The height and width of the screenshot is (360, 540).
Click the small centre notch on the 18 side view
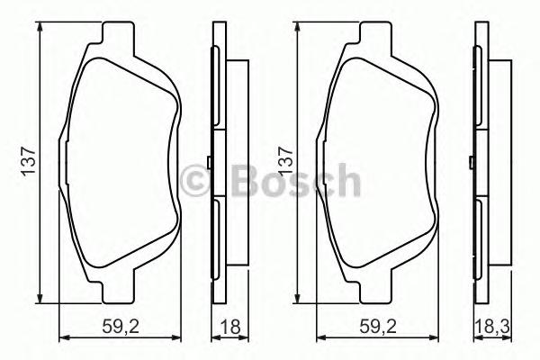208,163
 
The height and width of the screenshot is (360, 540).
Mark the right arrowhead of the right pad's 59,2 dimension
436,338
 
